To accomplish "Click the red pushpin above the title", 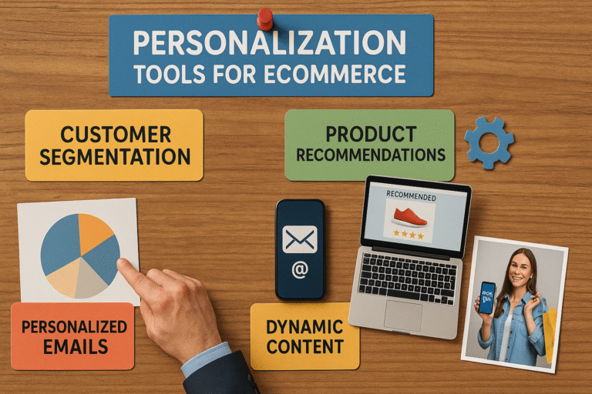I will tap(265, 18).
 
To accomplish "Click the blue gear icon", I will tap(489, 142).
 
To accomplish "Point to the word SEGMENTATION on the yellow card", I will tap(115, 157).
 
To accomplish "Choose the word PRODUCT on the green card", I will tap(370, 134).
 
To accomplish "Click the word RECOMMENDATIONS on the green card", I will tap(371, 155).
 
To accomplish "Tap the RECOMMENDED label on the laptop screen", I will tap(411, 197).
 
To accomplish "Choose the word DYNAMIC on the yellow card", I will tap(304, 326).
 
